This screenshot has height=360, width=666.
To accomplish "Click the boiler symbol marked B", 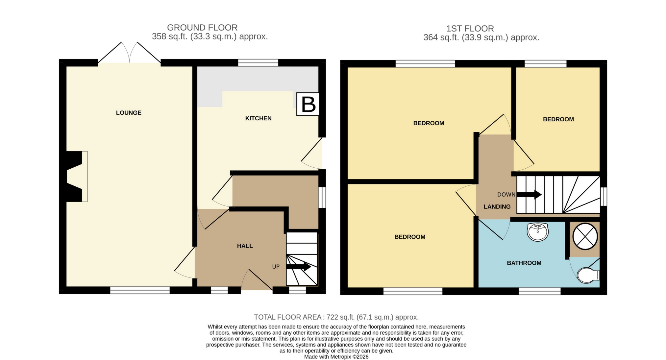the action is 308,104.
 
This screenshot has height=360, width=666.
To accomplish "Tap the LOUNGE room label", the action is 129,113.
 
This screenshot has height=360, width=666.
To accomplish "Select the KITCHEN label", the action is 259,118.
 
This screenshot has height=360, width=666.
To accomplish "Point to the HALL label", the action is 245,246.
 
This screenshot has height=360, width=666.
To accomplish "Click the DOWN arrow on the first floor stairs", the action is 529,195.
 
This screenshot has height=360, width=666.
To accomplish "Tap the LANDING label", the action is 497,207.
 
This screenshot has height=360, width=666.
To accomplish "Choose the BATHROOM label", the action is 524,263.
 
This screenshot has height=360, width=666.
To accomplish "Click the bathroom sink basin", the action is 538,232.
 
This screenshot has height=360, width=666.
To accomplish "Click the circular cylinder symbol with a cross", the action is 585,236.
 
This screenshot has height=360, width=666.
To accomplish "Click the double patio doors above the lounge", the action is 130,53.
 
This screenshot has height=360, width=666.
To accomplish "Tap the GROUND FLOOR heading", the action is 202,28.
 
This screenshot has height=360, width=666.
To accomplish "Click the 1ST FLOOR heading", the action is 470,29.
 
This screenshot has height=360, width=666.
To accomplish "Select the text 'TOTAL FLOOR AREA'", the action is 288,317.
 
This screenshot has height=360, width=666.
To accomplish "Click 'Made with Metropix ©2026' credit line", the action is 336,357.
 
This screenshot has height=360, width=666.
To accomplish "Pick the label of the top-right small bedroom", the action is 558,119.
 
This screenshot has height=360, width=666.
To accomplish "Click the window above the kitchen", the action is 258,63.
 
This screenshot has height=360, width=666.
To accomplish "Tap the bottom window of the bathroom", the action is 540,291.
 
